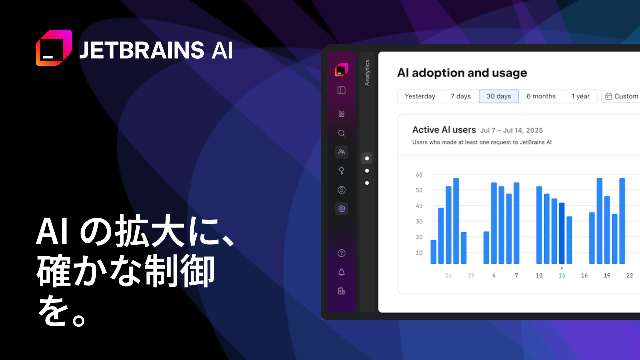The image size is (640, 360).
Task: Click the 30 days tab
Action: (x=499, y=96)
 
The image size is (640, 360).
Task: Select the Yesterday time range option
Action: (x=420, y=96)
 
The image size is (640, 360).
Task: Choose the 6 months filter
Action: (x=541, y=96)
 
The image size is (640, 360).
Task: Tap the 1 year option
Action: (x=580, y=96)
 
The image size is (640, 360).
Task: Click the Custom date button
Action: (x=622, y=96)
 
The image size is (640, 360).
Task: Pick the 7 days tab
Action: (x=461, y=96)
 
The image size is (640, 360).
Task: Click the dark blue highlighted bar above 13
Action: (x=561, y=233)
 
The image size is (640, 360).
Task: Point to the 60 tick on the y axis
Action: (x=419, y=174)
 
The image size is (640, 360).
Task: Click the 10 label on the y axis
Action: (x=419, y=253)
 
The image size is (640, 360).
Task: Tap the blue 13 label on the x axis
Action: (x=561, y=275)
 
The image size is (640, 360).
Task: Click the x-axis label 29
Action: (x=471, y=275)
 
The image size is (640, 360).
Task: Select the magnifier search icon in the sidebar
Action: (x=341, y=133)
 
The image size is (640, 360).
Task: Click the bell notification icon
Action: (x=341, y=272)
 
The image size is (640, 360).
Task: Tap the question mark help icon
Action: (x=341, y=253)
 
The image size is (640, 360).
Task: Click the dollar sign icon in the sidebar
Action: (x=341, y=190)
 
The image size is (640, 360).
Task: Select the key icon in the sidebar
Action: (x=341, y=171)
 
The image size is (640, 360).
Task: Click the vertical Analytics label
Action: (x=367, y=73)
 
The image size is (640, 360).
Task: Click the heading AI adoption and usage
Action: (x=462, y=73)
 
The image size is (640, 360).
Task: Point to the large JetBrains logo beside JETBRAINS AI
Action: (x=54, y=48)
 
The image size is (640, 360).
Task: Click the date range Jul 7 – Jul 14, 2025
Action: (x=511, y=130)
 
